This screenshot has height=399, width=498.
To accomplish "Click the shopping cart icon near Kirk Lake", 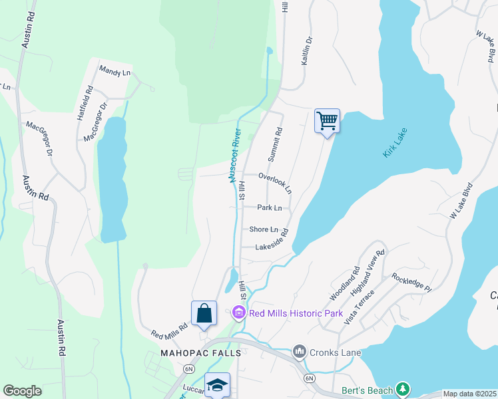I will point(327,122).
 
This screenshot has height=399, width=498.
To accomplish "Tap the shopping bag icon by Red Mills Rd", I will point(204,314).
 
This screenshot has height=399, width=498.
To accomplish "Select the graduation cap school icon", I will point(217,386).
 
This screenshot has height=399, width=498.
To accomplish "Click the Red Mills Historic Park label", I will point(296,313).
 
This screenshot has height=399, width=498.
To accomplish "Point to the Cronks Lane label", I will point(334,350).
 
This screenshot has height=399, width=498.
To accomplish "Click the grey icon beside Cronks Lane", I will point(300,350).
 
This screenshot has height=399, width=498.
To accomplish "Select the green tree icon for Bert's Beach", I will point(402,388).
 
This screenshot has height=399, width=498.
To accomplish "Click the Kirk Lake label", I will point(395,143).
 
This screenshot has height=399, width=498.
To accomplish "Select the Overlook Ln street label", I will point(275,183).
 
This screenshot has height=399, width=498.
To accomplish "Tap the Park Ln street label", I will point(270,208).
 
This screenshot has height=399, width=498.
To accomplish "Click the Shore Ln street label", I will point(263,229).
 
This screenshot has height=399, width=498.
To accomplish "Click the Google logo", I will point(23,391).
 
